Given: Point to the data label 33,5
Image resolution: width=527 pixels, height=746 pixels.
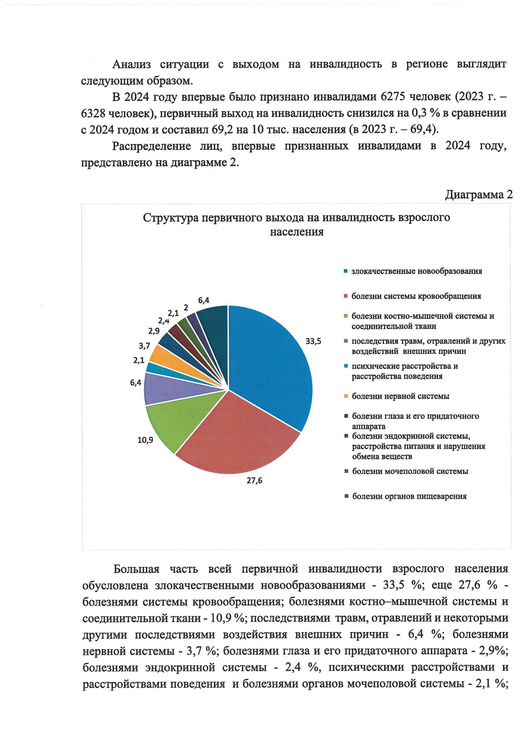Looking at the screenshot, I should coord(313,341).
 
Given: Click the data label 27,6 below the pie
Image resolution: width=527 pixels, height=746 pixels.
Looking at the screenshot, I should coord(254,480).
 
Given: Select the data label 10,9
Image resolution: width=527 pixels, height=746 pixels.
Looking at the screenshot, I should coord(145,440).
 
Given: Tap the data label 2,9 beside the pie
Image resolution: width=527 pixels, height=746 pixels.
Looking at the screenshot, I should coord(154,331).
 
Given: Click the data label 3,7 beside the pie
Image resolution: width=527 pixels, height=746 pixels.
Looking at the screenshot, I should coord(144,346).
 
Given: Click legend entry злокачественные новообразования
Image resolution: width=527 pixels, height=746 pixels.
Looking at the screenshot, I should coord(416,271).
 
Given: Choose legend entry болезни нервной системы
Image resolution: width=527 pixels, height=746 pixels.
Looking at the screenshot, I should coord(400,396).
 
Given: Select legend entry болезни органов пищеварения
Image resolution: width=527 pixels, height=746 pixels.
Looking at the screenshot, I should coord(409,496).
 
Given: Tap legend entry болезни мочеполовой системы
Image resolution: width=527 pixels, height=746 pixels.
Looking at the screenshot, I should coord(410,471).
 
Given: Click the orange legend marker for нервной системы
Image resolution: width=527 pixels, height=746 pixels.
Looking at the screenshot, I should coord(346,396).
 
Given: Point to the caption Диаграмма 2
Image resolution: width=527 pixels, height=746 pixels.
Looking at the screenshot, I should coord(479,195).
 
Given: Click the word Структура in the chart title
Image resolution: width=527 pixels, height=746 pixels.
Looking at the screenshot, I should coord(170,218).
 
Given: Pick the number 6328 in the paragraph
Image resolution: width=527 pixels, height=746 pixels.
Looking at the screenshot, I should coord(93,113).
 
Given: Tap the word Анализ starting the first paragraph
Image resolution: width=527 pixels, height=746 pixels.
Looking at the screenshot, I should coord(131,64).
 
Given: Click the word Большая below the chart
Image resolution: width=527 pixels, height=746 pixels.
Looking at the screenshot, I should coord(136,569).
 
